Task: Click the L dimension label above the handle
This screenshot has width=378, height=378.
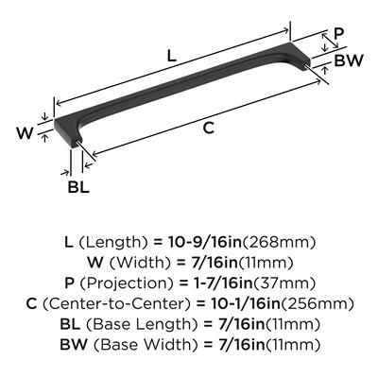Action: point(171,56)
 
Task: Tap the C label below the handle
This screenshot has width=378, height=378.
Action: point(209,129)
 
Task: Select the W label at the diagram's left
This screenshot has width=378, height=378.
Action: point(25,133)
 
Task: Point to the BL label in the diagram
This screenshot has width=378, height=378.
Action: point(78,188)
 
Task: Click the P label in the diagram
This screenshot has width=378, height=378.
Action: point(339,34)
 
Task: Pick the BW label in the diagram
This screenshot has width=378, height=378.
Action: point(349,60)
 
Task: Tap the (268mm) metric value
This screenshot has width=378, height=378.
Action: point(279,243)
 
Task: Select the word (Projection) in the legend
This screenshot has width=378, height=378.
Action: point(126,283)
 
